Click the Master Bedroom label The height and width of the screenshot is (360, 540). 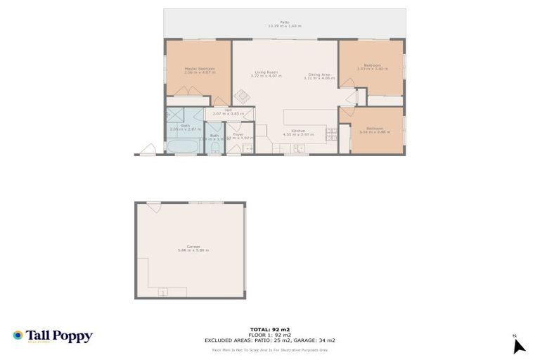click(x=199, y=68)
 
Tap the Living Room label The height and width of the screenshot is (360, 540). click(x=266, y=72)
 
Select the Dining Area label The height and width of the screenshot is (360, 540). click(x=319, y=75)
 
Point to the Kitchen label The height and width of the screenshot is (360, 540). click(x=298, y=131)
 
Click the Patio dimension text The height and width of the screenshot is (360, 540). click(x=284, y=26)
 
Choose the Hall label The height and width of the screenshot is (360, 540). click(x=228, y=110)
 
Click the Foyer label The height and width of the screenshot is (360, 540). click(x=238, y=134)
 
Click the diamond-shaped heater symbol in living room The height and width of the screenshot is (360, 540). click(x=242, y=96)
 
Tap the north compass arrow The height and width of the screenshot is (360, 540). click(x=518, y=345)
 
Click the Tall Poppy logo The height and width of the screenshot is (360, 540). click(x=53, y=336)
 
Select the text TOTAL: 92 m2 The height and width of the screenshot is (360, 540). click(x=270, y=329)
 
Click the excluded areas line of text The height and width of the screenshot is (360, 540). click(x=270, y=340)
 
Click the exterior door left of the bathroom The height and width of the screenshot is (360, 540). click(x=147, y=150)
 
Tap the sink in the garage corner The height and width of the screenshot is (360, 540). click(x=163, y=291)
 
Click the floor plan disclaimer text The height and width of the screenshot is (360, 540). click(x=270, y=349)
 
